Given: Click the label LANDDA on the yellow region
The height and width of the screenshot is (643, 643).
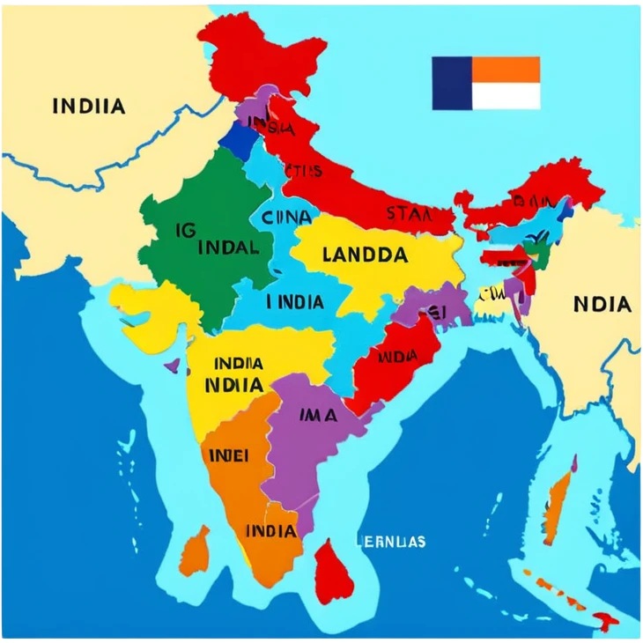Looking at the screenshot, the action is coord(365,255).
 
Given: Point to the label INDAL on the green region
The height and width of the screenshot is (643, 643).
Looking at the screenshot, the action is coord(228,247).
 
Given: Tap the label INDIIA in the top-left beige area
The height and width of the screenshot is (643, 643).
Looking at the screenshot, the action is coord(89,107).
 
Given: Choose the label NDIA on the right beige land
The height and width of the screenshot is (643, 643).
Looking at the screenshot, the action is coord(602,305).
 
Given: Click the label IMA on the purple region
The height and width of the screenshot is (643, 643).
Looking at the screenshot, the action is coord(318,415).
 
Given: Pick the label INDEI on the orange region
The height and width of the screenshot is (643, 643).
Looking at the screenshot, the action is coord(228,455).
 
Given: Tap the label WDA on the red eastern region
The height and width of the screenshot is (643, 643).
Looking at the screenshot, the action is coord(397,357).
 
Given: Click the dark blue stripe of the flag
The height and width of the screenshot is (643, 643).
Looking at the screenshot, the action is coord(452,84).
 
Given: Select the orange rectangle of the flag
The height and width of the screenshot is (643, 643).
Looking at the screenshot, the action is coord(506,70).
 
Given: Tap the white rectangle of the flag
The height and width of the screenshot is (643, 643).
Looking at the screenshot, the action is coord(506,96).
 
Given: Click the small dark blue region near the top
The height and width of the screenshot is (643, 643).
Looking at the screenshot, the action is coord(236,137).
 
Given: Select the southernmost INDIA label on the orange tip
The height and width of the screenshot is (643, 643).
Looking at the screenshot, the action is coord(270,530).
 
